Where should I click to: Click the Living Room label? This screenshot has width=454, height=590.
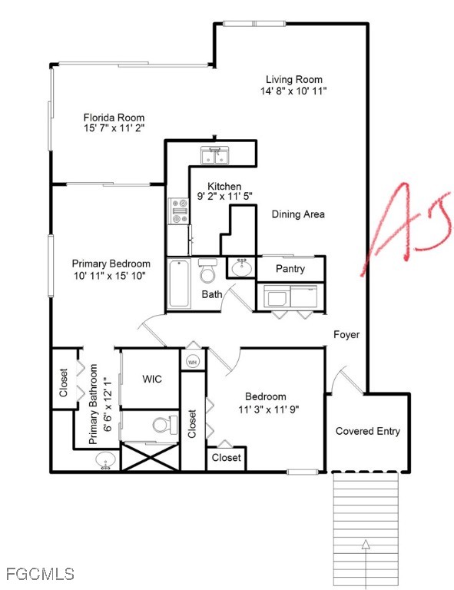click(293, 79)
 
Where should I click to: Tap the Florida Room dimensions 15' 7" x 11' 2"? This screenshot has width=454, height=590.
click(114, 128)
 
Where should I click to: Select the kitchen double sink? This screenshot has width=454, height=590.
click(214, 156)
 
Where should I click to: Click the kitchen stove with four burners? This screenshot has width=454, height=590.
click(178, 211)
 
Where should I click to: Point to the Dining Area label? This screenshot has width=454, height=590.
click(298, 214)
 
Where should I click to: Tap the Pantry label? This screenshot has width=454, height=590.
click(290, 269)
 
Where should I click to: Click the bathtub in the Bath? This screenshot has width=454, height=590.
click(179, 283)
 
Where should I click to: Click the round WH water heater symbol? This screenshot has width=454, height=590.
click(193, 362)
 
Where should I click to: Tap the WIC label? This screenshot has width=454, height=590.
click(152, 379)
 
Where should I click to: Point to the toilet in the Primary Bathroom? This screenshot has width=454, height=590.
click(164, 424)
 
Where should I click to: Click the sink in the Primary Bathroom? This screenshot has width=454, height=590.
click(105, 461)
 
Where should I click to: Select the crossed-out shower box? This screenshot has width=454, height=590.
click(150, 457)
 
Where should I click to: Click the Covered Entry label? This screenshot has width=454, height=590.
click(367, 431)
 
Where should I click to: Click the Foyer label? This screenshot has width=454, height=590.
click(346, 334)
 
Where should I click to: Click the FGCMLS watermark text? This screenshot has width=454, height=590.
click(40, 574)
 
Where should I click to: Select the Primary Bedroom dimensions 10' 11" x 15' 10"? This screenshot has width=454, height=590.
click(109, 276)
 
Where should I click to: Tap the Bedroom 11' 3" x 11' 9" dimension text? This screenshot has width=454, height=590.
click(269, 409)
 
